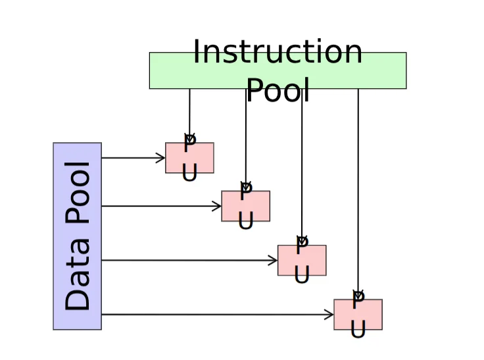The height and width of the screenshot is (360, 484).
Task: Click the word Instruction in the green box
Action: [x=278, y=51]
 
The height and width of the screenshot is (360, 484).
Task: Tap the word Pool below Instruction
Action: [x=278, y=90]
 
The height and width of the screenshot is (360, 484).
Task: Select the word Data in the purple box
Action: [x=77, y=274]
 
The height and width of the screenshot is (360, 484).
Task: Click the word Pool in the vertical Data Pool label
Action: [x=77, y=192]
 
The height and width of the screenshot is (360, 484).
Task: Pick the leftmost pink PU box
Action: [x=189, y=158]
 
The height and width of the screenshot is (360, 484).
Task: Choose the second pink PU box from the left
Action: [x=246, y=206]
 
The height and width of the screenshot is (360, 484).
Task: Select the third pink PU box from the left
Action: [x=302, y=260]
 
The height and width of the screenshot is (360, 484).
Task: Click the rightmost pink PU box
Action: [x=358, y=315]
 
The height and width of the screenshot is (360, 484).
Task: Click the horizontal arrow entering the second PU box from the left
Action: [x=161, y=206]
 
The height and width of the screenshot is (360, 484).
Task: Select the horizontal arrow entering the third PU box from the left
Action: [x=189, y=260]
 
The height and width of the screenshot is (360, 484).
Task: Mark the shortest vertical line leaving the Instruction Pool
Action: [x=189, y=116]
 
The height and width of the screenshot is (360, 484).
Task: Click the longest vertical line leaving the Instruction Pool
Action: [x=358, y=194]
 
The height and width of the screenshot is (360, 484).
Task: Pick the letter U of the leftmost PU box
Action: [x=189, y=172]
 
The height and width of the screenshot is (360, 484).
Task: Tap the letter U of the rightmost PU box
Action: [x=358, y=329]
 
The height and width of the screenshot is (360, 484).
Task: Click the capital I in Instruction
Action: [x=197, y=51]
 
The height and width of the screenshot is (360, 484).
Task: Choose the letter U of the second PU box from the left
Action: [x=246, y=220]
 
